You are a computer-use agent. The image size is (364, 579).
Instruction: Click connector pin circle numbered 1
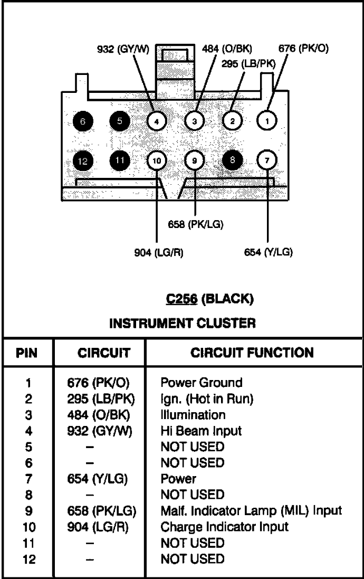266,120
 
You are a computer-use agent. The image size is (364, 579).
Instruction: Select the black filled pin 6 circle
83,121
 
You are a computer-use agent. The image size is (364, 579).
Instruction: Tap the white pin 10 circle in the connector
157,160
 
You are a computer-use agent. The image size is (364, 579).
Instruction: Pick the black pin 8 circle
232,160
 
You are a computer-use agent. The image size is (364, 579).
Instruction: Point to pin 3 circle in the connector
195,121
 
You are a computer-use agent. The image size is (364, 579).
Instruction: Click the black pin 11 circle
120,160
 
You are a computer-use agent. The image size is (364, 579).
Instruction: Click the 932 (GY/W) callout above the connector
122,49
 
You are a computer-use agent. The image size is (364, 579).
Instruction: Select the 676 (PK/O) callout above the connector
303,49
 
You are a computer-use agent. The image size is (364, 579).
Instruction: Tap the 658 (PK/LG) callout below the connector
196,224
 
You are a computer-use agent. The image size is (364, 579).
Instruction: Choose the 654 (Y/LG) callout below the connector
269,252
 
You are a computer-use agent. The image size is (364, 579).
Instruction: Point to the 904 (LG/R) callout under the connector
159,253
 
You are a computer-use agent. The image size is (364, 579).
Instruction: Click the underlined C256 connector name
181,299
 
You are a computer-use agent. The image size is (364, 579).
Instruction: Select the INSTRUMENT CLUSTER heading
183,324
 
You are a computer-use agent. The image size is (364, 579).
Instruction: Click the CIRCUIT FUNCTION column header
252,353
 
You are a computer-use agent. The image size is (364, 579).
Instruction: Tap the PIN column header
26,353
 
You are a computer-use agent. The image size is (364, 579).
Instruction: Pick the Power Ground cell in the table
202,383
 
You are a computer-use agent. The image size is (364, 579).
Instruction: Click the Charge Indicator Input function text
224,527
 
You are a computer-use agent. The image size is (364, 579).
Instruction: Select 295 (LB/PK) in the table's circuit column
101,399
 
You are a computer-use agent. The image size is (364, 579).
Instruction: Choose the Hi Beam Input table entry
201,431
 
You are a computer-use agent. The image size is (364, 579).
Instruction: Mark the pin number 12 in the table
29,559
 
